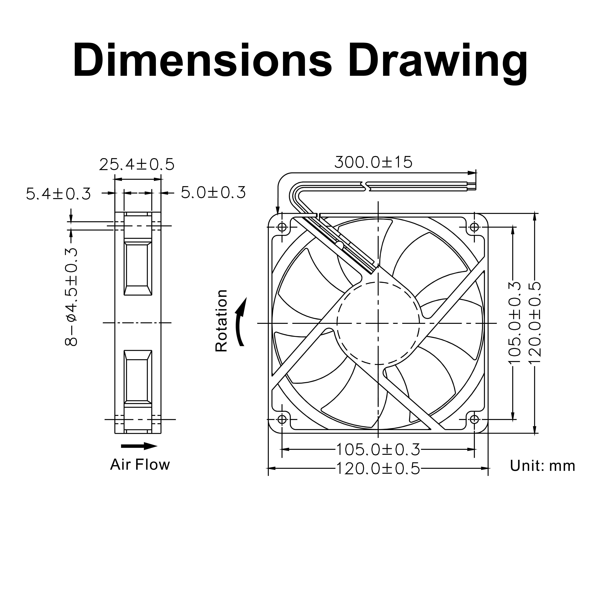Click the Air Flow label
(x=140, y=464)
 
